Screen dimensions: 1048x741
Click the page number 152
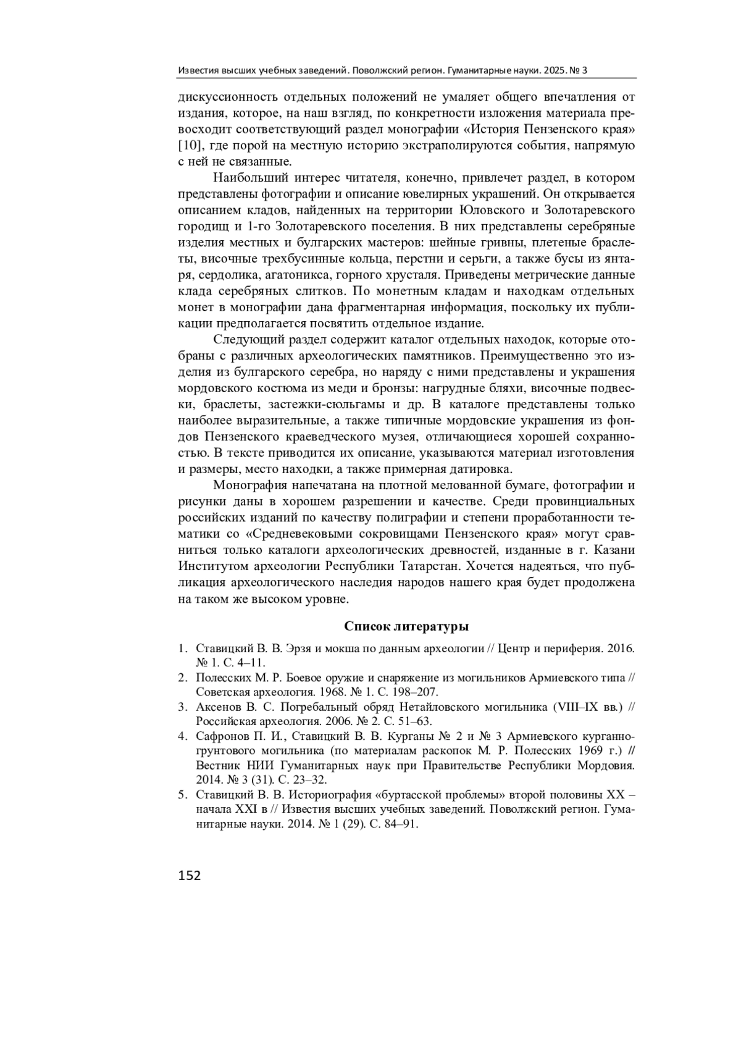tap(190, 875)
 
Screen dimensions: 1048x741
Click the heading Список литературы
tap(406, 626)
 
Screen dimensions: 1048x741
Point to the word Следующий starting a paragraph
tap(240, 340)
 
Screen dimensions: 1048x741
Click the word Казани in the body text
tap(616, 550)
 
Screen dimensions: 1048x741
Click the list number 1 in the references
tap(182, 649)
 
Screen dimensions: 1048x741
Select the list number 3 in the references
tap(182, 707)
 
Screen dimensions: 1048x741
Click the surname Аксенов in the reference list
tap(217, 707)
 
